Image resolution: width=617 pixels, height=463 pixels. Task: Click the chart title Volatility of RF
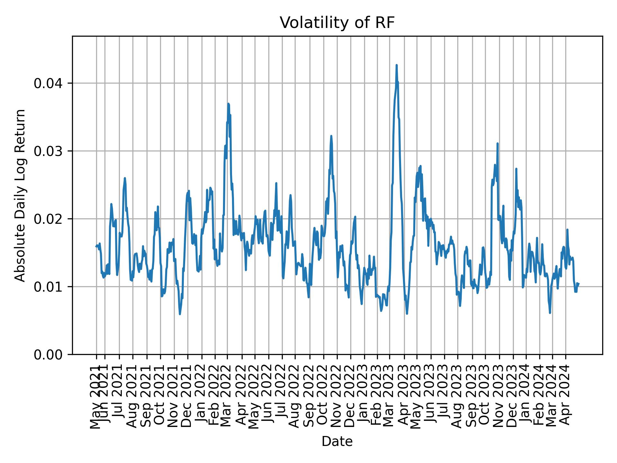pos(337,23)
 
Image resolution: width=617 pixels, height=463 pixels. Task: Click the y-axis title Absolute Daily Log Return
pos(21,195)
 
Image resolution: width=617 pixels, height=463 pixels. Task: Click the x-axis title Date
pos(337,441)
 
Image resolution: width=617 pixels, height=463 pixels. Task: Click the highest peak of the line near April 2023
pos(397,65)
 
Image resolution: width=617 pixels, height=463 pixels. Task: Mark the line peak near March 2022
pos(228,104)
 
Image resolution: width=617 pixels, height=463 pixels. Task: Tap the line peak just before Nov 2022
pos(331,136)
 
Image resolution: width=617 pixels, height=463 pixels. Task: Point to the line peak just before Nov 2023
pos(497,144)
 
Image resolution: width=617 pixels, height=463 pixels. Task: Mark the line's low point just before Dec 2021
pos(180,314)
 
